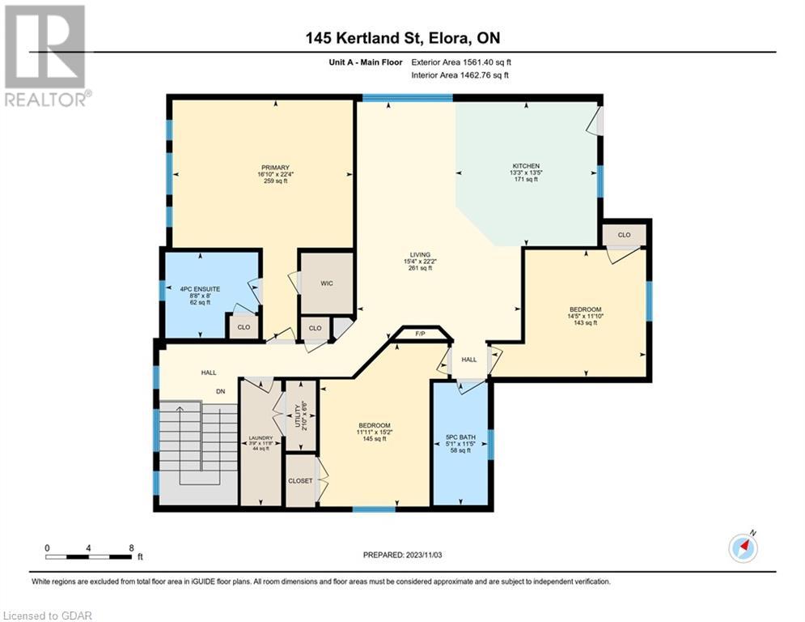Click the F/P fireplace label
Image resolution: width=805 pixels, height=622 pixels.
coord(420,334)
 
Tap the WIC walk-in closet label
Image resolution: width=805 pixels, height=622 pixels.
coord(327,283)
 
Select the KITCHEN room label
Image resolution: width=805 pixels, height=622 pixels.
coord(526,166)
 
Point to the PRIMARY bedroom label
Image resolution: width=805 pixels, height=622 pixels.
coord(276,168)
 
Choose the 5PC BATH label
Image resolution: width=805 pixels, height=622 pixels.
coord(460,437)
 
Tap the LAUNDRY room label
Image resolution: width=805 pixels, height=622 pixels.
coord(261,438)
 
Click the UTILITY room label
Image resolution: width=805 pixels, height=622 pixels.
coord(297,416)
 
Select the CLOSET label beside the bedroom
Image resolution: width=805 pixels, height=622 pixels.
coord(300,481)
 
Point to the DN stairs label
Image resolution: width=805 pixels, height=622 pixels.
coord(221,392)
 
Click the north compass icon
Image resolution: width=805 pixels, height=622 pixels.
coord(744,548)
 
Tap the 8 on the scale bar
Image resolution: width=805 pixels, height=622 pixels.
coord(131,548)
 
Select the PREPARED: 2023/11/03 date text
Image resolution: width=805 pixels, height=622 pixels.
coord(403,555)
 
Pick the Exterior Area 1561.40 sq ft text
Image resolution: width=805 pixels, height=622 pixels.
coord(461,62)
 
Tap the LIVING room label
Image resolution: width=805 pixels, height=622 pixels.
coord(420,255)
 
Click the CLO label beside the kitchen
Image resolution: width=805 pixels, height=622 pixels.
coord(625,235)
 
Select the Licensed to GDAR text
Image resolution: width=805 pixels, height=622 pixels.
coord(47,616)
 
